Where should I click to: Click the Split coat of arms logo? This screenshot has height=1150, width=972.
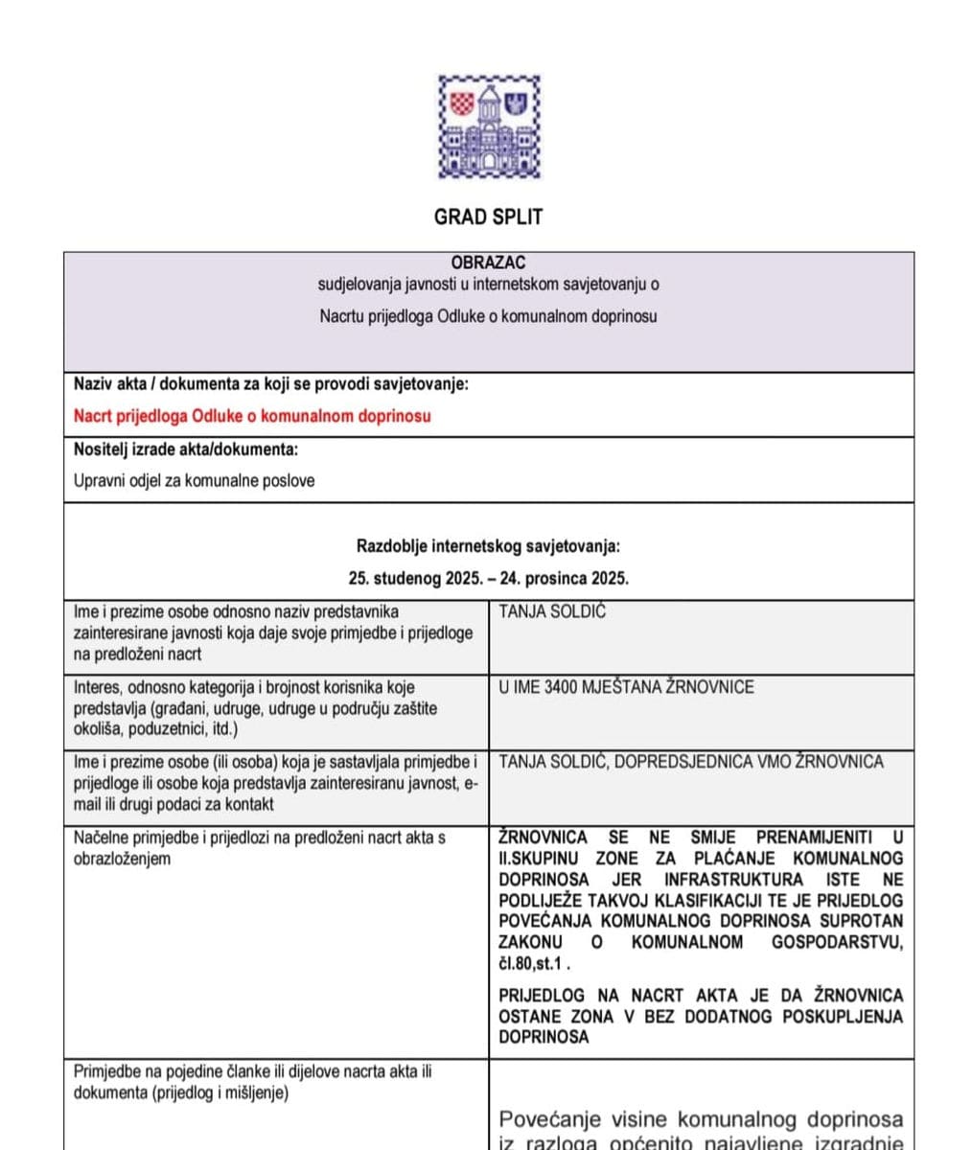[x=489, y=126]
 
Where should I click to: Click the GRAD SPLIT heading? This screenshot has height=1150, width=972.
[x=488, y=217]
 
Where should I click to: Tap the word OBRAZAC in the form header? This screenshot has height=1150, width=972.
[x=488, y=263]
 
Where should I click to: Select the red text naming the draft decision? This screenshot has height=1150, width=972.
[x=252, y=416]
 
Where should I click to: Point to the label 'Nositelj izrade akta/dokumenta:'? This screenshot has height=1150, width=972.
[x=185, y=449]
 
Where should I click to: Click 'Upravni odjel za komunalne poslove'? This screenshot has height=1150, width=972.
[x=194, y=481]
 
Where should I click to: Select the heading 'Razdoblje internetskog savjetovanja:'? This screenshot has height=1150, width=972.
[x=488, y=547]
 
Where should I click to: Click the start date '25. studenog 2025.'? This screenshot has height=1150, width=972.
[x=414, y=579]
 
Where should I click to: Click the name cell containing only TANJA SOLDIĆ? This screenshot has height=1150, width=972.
[x=552, y=612]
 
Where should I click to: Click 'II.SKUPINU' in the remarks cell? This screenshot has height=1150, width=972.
[x=540, y=859]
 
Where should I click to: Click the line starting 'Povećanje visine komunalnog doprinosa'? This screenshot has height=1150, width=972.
[x=701, y=1119]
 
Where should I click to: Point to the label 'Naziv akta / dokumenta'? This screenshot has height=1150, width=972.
[x=163, y=384]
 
